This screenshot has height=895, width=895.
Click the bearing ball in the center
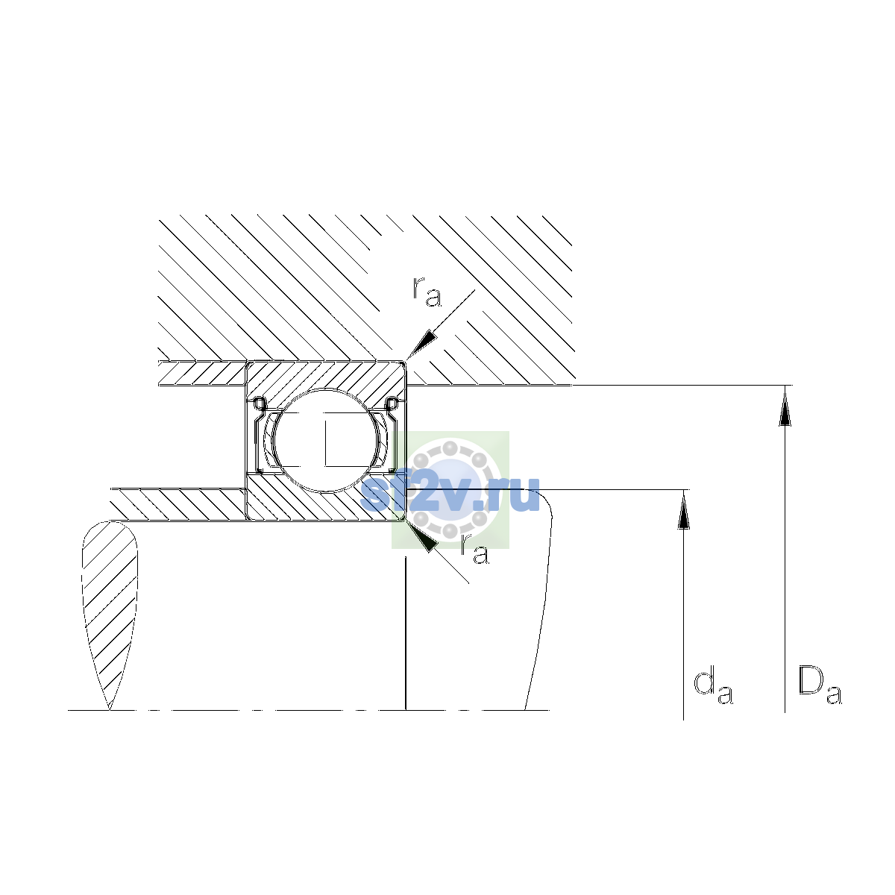click(x=327, y=441)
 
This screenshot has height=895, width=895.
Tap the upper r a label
click(x=427, y=292)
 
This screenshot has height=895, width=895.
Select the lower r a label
click(x=474, y=550)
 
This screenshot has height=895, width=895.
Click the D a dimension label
click(x=820, y=685)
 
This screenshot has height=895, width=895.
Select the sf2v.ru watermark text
click(x=450, y=494)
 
